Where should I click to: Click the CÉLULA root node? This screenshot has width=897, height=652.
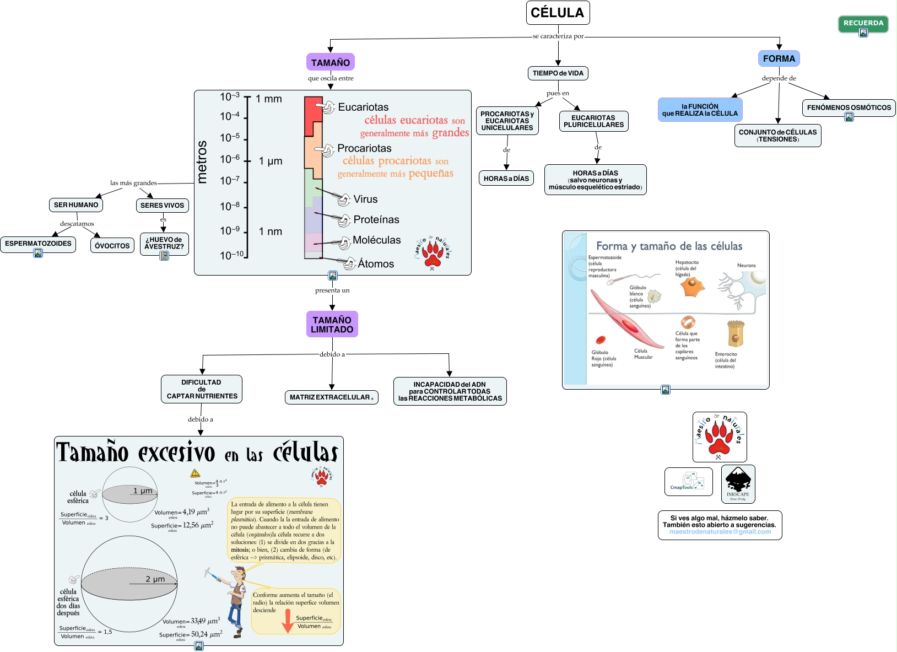coord(558,13)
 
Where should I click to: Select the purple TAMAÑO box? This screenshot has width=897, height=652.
coord(330,62)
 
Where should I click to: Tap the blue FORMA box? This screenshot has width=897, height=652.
coord(779,58)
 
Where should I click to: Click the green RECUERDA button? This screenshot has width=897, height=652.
coord(863,23)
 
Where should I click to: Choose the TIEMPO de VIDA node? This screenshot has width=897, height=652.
coord(558,73)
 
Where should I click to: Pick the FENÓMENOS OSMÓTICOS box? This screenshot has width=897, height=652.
coord(849,107)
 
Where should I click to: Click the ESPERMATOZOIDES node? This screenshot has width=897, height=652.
coord(38,244)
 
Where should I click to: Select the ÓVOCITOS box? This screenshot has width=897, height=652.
coord(112,246)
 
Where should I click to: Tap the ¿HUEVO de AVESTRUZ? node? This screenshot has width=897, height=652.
coord(164,243)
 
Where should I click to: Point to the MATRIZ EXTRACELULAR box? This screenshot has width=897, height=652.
coord(331,397)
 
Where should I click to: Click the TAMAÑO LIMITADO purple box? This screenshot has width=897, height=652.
coord(332,325)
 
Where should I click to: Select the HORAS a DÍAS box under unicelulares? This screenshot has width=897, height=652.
coord(506,179)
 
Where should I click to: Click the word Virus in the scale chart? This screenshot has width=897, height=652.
coord(365,200)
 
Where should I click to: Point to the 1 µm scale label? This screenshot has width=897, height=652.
coord(271,161)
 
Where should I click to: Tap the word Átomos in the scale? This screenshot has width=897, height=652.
coord(376,264)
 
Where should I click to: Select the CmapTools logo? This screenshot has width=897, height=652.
coord(688,481)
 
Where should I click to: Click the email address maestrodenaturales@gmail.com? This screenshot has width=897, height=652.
coord(720,532)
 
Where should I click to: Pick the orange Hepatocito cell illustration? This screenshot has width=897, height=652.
coord(692,287)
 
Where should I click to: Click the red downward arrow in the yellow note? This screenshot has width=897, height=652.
coord(287,621)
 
